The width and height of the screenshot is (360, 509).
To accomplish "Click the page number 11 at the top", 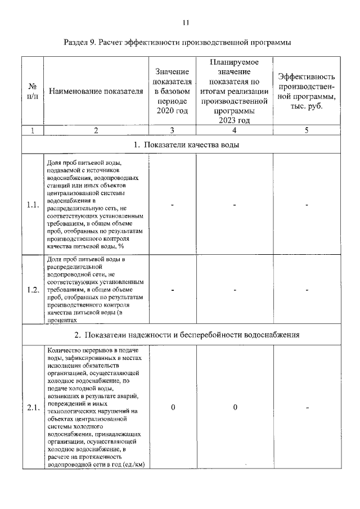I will click(186, 22).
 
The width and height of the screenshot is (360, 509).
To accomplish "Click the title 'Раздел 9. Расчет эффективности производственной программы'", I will click(181, 43).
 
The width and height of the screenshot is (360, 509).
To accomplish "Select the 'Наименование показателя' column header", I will click(96, 92).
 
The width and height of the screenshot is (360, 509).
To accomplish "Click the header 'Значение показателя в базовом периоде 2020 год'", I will click(172, 92).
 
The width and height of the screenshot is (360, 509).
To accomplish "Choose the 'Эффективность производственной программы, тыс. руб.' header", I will click(307, 92).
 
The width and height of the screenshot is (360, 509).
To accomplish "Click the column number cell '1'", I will click(33, 130).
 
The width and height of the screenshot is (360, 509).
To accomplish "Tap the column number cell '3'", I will click(172, 130).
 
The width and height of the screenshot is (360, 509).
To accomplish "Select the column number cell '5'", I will click(307, 130).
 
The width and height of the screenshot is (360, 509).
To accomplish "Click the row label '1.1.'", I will click(33, 205).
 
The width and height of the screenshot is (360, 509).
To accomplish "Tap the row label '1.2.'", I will click(33, 290).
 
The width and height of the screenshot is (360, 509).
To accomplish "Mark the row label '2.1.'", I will click(33, 408).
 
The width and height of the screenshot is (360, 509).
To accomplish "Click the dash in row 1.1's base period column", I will click(173, 205).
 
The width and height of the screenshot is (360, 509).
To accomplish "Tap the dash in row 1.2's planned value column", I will click(235, 290).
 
